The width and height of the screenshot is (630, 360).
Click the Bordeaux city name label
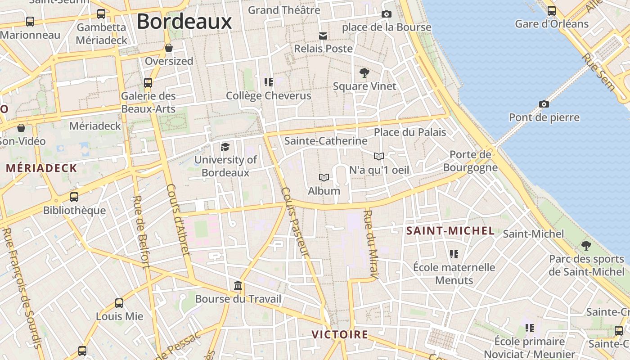click(x=184, y=21)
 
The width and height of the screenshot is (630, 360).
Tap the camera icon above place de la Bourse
click(x=386, y=14)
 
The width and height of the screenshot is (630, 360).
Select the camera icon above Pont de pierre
click(x=544, y=104)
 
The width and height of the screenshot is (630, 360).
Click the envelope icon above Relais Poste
click(x=323, y=36)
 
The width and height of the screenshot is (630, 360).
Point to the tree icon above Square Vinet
click(x=364, y=72)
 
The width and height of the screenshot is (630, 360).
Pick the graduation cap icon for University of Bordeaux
click(x=225, y=147)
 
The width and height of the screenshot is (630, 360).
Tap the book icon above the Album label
click(x=324, y=177)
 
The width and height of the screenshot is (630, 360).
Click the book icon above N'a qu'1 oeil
click(x=379, y=156)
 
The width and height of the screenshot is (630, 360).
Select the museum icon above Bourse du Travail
click(x=238, y=286)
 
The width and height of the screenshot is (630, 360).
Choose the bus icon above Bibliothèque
click(x=74, y=197)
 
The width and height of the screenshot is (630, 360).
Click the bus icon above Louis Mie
click(x=119, y=303)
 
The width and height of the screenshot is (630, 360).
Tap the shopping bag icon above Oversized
click(x=169, y=48)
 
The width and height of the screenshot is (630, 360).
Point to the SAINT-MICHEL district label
click(x=450, y=231)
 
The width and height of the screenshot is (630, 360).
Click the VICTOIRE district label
click(x=340, y=335)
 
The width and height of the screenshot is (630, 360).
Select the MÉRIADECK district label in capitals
click(x=41, y=168)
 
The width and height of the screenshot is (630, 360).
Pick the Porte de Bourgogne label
click(x=470, y=161)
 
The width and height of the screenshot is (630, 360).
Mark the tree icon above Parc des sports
click(x=586, y=246)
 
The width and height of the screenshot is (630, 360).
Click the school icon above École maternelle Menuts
click(x=454, y=254)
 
